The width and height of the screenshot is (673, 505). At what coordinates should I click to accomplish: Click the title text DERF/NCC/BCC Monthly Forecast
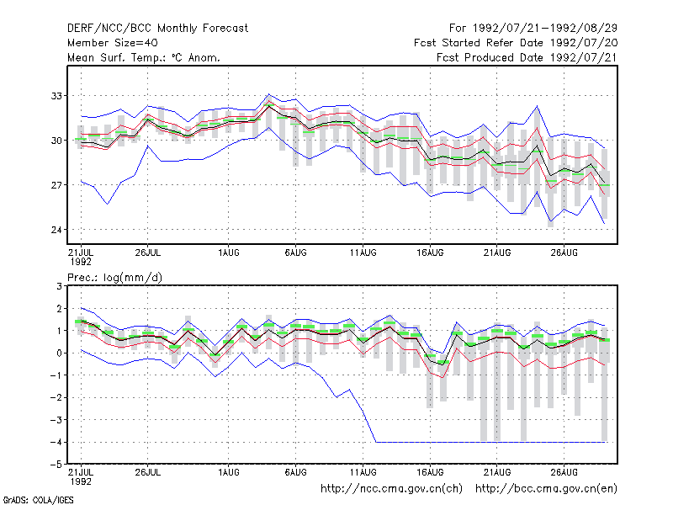click(157, 29)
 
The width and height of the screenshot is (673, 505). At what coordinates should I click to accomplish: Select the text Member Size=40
click(113, 43)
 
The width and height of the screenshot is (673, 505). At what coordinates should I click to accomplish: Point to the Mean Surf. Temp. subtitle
click(143, 57)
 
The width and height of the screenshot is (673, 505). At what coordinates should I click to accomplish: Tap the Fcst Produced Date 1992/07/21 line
click(527, 57)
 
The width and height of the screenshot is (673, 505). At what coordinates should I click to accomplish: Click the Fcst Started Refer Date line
click(516, 43)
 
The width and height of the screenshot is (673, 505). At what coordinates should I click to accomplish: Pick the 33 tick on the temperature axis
click(56, 96)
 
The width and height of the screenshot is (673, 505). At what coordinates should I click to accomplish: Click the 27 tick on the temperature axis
click(56, 185)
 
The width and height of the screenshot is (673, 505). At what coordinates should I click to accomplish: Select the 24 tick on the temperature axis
click(56, 230)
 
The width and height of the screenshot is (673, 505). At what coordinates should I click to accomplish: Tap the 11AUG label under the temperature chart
click(363, 252)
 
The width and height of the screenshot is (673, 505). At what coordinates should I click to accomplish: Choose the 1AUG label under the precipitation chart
click(228, 472)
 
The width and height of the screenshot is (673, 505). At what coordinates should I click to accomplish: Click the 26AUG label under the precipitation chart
click(564, 472)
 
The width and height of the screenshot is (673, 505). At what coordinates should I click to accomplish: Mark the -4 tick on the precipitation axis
click(56, 443)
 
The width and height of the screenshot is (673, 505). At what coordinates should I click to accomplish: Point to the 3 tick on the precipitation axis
click(59, 286)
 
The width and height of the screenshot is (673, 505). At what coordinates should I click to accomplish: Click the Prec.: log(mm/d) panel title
click(114, 278)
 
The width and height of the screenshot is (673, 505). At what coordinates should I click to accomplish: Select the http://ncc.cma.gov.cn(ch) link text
click(391, 489)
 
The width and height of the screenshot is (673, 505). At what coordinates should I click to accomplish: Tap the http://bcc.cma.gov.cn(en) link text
click(546, 489)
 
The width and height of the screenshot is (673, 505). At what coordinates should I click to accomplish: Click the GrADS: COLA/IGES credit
click(38, 500)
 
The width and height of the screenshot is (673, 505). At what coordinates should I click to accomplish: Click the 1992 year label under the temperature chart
click(81, 262)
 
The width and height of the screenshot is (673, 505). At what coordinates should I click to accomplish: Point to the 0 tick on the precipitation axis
click(59, 353)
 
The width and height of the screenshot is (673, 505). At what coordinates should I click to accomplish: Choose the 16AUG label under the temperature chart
click(430, 252)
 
